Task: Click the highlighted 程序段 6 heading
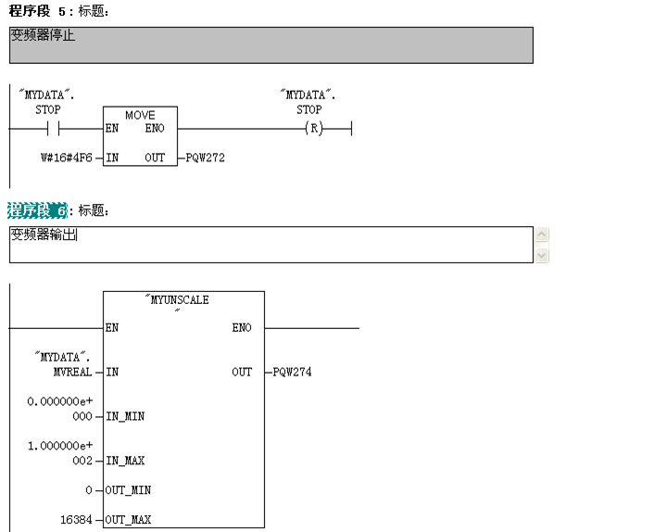tap(38, 210)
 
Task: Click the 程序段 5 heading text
tap(38, 11)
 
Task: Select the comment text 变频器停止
tap(43, 37)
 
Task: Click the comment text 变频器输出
tap(43, 234)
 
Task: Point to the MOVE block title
tap(140, 115)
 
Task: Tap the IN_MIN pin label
tap(125, 416)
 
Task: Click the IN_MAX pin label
tap(125, 461)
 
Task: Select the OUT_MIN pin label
tap(128, 490)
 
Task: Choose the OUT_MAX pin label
tap(128, 520)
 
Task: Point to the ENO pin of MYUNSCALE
tap(242, 328)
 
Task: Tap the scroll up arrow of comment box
tap(542, 234)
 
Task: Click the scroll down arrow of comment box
tap(542, 255)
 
